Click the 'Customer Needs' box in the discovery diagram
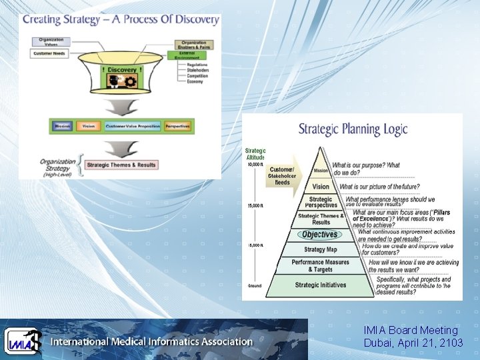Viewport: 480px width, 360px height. tap(51, 53)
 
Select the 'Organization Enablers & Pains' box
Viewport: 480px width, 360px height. tap(194, 45)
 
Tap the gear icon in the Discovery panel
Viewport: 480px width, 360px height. tap(128, 81)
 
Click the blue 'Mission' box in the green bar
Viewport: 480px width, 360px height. tap(63, 126)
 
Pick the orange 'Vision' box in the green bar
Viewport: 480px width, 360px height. tap(89, 126)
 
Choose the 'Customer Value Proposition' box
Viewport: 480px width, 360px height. tap(132, 126)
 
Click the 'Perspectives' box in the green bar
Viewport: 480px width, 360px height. tap(177, 126)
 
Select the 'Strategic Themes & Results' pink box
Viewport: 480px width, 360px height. tap(121, 165)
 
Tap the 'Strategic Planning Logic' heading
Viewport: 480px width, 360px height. tap(353, 129)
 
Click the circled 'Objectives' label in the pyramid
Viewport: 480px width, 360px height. tap(320, 234)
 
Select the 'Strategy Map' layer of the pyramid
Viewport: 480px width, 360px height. tap(320, 250)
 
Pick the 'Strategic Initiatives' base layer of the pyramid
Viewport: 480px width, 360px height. tap(320, 285)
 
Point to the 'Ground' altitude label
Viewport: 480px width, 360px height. tap(255, 285)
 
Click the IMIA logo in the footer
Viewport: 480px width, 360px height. tap(23, 341)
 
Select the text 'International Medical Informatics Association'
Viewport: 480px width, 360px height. tap(152, 342)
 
